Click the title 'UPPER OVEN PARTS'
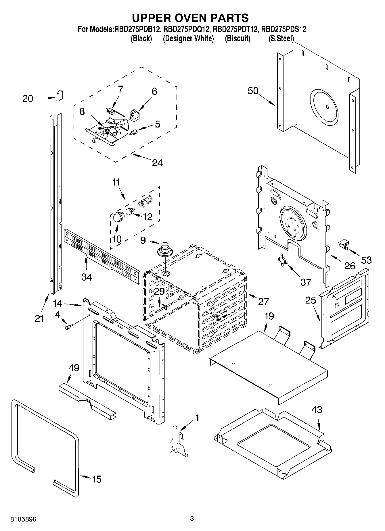(x=190, y=18)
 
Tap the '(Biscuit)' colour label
(x=237, y=38)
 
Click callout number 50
(x=253, y=91)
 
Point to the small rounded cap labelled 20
(x=60, y=95)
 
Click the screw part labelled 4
(x=68, y=327)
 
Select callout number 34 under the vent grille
(x=87, y=277)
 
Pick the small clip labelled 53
(x=343, y=244)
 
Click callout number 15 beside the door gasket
(x=97, y=479)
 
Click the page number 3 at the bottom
(x=192, y=519)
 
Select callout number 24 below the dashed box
(x=157, y=163)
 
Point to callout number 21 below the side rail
(x=39, y=318)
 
